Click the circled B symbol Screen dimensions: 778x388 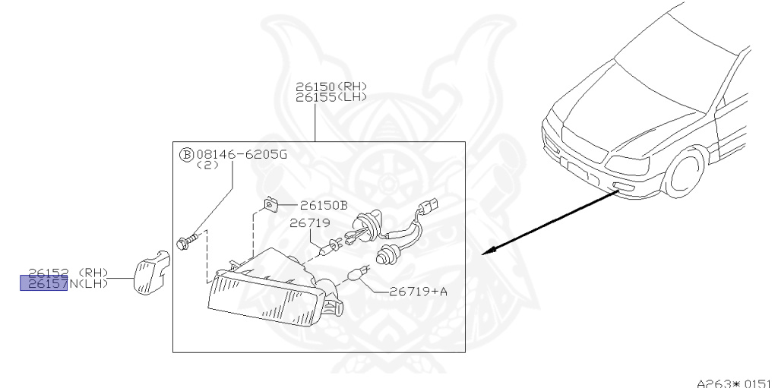point(186,155)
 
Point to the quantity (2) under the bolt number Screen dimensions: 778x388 point(207,165)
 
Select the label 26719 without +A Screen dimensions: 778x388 point(308,223)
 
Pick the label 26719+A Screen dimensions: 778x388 point(418,291)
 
